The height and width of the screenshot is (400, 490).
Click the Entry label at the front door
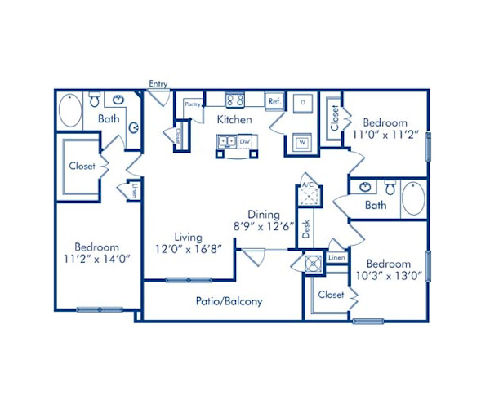(158, 83)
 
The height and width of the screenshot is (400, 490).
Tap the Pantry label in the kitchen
(193, 104)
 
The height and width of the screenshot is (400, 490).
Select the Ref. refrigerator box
(274, 101)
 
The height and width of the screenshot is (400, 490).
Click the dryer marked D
(302, 103)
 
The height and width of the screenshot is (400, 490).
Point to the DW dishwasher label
(244, 142)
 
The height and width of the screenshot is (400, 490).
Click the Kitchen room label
(234, 119)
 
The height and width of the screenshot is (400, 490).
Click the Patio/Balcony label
(229, 301)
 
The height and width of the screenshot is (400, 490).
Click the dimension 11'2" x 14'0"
(96, 260)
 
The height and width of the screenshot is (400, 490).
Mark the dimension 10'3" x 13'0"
(389, 277)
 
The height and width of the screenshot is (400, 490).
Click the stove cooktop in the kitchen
(235, 100)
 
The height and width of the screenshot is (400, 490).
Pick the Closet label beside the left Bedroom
(82, 166)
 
